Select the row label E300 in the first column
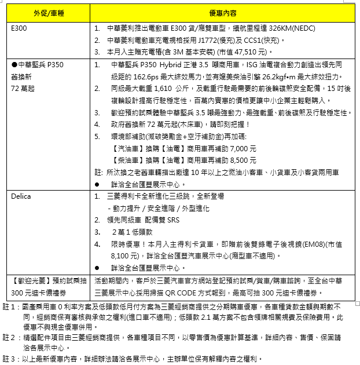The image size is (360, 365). pos(19,28)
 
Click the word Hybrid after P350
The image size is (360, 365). pos(168,64)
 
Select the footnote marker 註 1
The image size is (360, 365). pos(8,306)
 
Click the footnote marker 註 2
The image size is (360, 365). pos(8,337)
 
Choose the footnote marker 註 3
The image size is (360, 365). pos(8,359)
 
